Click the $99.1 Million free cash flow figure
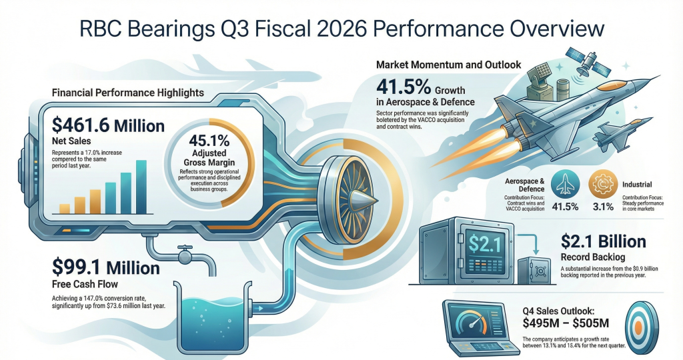(106, 267)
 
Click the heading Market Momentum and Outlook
(449, 66)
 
